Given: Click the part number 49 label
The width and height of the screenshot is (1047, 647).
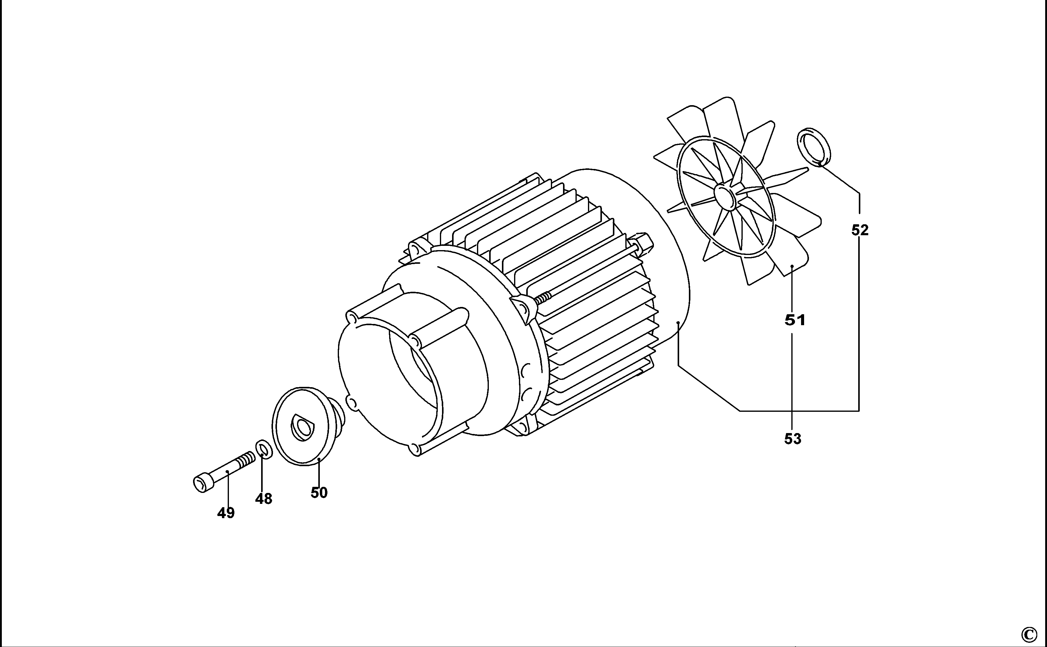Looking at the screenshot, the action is (x=226, y=513).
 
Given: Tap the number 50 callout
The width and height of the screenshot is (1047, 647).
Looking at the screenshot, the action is (x=319, y=493).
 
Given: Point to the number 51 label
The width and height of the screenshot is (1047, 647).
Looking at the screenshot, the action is (x=795, y=320).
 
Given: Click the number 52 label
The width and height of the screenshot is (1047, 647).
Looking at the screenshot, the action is (x=860, y=230).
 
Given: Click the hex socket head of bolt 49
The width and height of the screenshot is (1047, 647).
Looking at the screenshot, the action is (x=202, y=483).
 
